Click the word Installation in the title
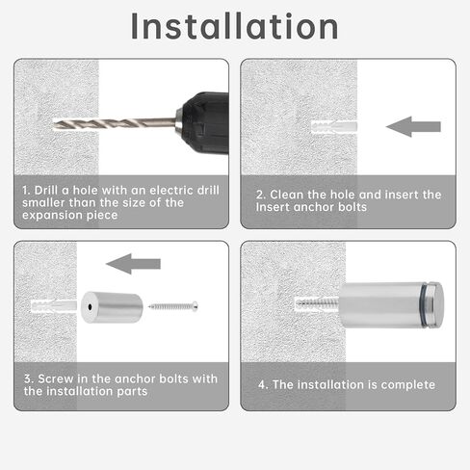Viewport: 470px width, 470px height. (234, 26)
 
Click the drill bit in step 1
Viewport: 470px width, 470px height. (114, 123)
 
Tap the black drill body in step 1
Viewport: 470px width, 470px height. (206, 123)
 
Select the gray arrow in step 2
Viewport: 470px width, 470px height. (413, 127)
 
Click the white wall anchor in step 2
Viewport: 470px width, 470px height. (334, 127)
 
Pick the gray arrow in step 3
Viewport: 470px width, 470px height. (133, 264)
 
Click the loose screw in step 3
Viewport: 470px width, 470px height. (173, 306)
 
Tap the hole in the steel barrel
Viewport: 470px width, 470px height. (90, 307)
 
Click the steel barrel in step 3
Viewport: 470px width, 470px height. (112, 307)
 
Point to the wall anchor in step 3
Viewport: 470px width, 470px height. (54, 306)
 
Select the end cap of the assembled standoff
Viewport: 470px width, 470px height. (436, 305)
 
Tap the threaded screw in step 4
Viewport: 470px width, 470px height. (318, 302)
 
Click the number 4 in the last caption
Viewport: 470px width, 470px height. (262, 384)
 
